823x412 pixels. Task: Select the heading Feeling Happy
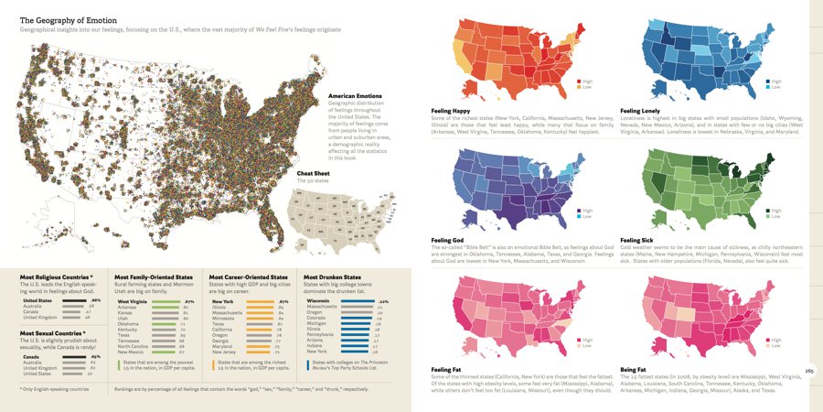click(450, 111)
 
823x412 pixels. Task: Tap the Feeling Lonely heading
click(640, 111)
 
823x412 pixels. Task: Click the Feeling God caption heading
click(447, 240)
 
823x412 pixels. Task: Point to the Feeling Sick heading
click(636, 240)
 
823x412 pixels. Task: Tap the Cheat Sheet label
click(312, 171)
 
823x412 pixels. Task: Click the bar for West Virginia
click(167, 300)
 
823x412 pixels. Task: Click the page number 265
click(809, 370)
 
